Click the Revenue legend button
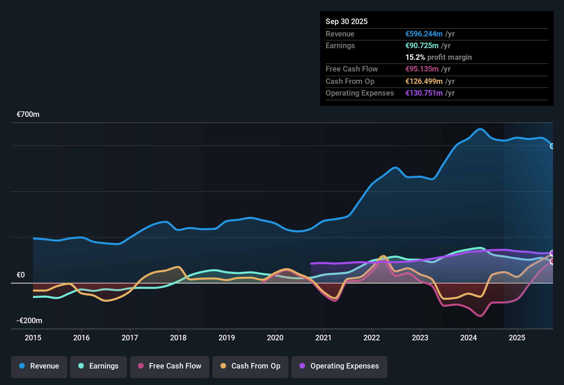pos(39,366)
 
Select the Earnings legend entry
pos(99,366)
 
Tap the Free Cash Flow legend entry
pos(170,366)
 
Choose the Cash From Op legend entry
pos(250,366)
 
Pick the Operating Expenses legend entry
pos(339,366)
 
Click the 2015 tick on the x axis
pos(33,338)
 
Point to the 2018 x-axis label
pos(178,338)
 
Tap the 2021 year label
pos(323,338)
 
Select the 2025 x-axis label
pos(517,338)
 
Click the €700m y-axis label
pos(28,114)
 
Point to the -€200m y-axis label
pos(30,321)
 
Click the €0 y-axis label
pos(21,275)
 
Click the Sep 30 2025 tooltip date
pos(346,21)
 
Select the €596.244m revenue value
pos(424,34)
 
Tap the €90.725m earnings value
pos(422,46)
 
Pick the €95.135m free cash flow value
pos(422,69)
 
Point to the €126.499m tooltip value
pos(424,81)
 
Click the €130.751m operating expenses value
pos(424,93)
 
